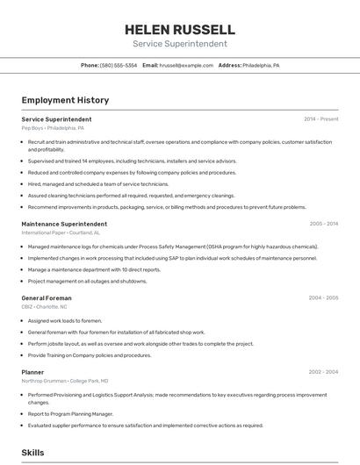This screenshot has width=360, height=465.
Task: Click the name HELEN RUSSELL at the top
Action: coord(180,29)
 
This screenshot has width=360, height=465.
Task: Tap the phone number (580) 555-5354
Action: coord(119,66)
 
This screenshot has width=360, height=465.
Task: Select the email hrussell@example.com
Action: coord(186,66)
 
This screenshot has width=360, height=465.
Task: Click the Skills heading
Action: coord(33,453)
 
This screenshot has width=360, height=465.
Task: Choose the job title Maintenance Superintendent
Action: coord(64,224)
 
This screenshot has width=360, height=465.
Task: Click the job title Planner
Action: coord(32,372)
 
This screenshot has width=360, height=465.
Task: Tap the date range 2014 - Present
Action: coord(320,119)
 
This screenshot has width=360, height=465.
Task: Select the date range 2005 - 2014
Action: coord(323,224)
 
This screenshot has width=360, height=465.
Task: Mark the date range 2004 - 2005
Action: coord(323,298)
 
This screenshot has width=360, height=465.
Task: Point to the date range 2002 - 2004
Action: coord(323,372)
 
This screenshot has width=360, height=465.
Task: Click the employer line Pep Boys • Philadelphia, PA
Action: coord(53,128)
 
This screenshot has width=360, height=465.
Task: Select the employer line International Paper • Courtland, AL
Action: coord(61,232)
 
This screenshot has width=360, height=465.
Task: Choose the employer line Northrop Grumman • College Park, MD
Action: coord(65,381)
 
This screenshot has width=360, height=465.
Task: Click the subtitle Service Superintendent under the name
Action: coord(180,44)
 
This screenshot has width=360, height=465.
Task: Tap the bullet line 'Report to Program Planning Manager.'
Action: coord(70,413)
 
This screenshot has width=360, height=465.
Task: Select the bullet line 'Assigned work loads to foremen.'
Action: coord(65,321)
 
